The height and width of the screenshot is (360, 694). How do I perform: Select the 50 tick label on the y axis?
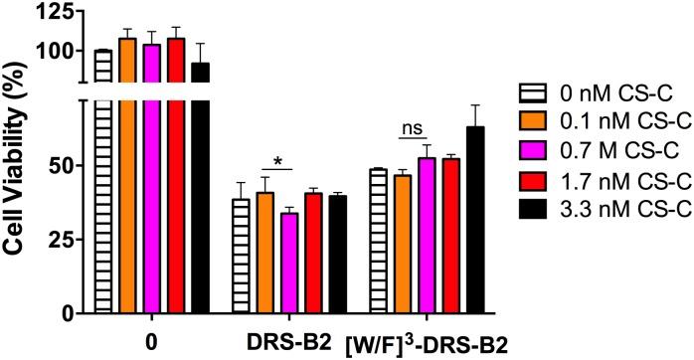coord(63,164)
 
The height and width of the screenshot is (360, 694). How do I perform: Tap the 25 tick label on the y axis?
coord(63,239)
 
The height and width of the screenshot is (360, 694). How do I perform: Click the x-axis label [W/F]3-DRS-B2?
coord(429,342)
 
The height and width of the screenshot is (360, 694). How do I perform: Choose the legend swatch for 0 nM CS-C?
coord(535,93)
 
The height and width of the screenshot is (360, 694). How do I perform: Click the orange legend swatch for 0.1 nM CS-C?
coord(535,122)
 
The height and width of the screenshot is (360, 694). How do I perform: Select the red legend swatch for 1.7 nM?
coord(535,180)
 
